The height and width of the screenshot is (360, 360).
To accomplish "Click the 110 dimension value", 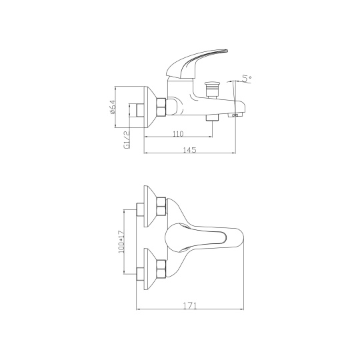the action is click(x=179, y=133).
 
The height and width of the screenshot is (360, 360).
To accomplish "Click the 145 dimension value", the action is click(x=189, y=150).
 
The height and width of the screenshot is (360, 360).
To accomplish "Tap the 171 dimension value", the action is click(x=189, y=306).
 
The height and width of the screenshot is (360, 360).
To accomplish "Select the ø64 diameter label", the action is click(x=113, y=107).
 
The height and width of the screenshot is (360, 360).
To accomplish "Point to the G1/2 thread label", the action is click(x=127, y=139).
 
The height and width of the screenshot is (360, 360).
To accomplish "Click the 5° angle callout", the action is click(x=247, y=78).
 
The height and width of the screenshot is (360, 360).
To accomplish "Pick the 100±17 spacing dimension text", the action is click(x=121, y=241).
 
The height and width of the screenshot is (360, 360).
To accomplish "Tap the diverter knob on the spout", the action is click(x=212, y=90).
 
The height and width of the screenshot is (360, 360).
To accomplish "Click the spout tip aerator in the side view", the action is click(x=235, y=115).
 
